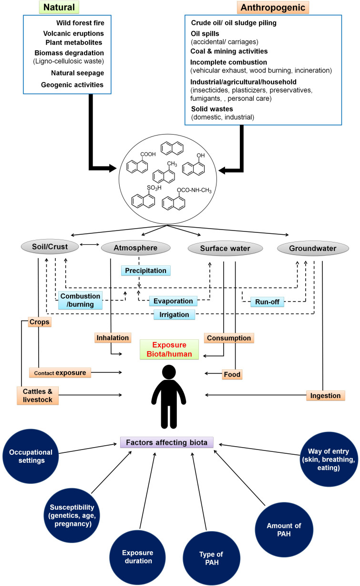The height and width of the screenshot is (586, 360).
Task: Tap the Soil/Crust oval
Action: (x=50, y=247)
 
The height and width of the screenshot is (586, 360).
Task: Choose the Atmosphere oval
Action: (x=136, y=247)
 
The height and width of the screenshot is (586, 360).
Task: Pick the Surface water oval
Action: (x=226, y=248)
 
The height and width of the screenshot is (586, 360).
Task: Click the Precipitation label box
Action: (x=145, y=271)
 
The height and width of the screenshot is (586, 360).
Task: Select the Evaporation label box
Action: (x=173, y=301)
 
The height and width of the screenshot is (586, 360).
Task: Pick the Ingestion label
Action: (x=325, y=395)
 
